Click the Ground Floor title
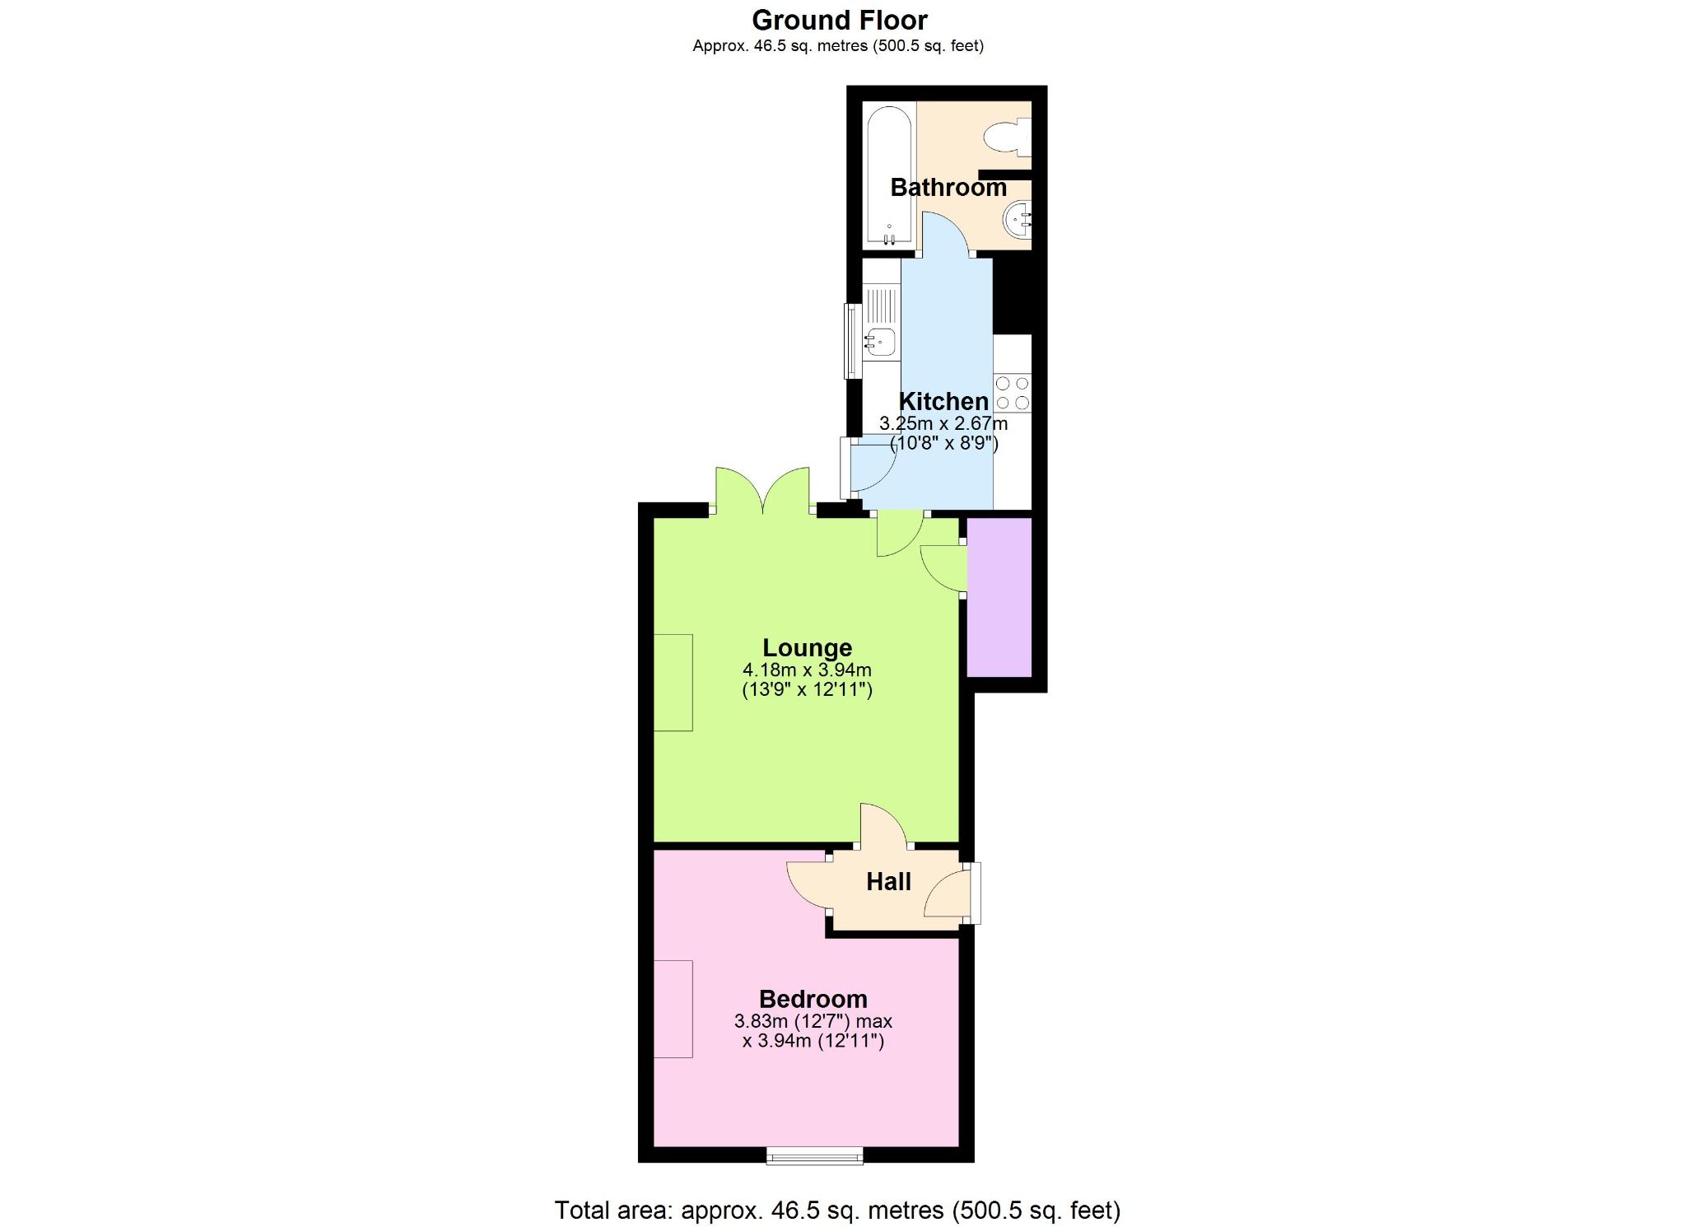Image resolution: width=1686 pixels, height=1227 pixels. tap(839, 20)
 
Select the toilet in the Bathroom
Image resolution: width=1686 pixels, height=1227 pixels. tap(1006, 137)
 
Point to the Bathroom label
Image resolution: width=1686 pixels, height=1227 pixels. tap(948, 188)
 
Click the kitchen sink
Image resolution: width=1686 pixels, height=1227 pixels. tap(880, 341)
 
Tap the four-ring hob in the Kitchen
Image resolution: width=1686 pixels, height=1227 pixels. tap(1012, 393)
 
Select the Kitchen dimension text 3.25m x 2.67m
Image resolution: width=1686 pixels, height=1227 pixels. tap(943, 424)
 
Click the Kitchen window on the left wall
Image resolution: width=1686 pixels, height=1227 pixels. tap(853, 340)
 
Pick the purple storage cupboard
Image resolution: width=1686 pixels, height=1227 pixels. tap(999, 596)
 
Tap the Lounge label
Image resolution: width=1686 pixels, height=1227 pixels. tap(807, 648)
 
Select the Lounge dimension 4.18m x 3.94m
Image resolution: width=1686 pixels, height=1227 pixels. tap(807, 670)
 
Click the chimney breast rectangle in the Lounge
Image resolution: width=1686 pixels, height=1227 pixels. tap(673, 682)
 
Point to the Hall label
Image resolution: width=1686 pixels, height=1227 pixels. tap(888, 882)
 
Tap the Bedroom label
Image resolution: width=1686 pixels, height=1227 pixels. tap(813, 999)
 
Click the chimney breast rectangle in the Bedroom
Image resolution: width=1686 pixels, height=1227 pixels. tap(673, 1008)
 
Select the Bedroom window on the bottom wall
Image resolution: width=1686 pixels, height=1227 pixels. tap(814, 1156)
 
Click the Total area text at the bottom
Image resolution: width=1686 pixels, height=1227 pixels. tap(837, 1210)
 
